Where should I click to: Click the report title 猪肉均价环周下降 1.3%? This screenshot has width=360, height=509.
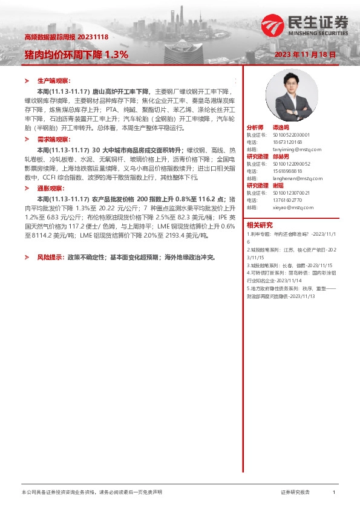[76, 54]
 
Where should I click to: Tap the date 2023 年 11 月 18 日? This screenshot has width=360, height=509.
[305, 55]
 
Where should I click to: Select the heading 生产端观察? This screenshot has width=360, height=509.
[54, 80]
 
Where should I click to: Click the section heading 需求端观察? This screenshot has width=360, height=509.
[54, 139]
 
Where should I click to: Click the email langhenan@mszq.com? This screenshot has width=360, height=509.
[292, 179]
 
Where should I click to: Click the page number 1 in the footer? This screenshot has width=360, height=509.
[334, 493]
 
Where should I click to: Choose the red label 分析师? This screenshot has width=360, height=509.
[255, 128]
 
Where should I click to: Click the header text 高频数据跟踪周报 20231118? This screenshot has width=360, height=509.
[66, 37]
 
